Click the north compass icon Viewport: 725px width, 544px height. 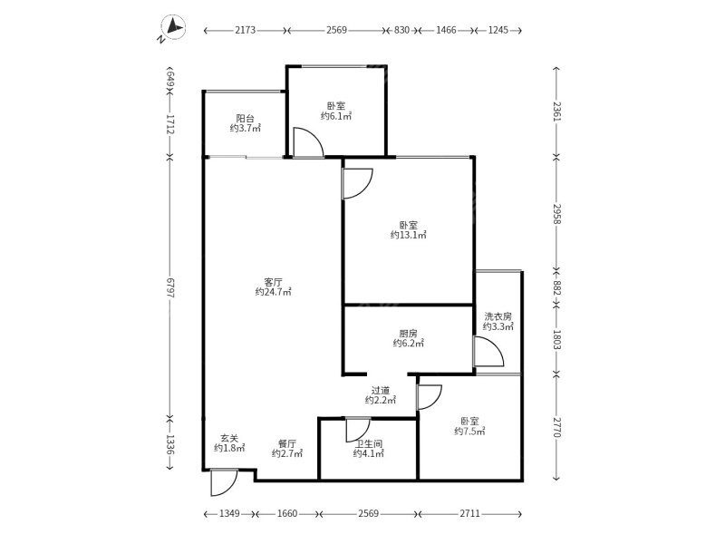[x=173, y=27]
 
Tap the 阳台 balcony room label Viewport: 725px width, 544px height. [x=245, y=119]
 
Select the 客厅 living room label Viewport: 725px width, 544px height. [x=273, y=282]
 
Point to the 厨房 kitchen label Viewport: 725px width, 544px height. [x=409, y=333]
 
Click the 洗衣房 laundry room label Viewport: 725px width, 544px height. [x=498, y=316]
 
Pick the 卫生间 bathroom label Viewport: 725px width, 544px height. [x=369, y=443]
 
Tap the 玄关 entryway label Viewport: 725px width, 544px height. [x=229, y=438]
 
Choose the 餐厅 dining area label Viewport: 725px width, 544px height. [x=287, y=443]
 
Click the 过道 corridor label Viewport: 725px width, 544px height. [x=381, y=391]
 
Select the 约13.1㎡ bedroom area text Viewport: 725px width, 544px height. [x=409, y=235]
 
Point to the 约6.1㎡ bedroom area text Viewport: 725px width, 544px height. [x=336, y=116]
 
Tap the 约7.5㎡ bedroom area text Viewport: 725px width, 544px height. [x=469, y=432]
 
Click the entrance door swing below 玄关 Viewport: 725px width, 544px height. [x=224, y=482]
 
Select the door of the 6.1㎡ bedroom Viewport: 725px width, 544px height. [x=308, y=142]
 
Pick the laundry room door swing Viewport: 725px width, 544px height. [x=488, y=352]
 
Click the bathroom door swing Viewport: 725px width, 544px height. [x=358, y=430]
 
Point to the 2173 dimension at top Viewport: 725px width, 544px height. [x=245, y=30]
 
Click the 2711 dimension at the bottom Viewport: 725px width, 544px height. [x=469, y=513]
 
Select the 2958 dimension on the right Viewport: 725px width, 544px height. [x=556, y=214]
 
